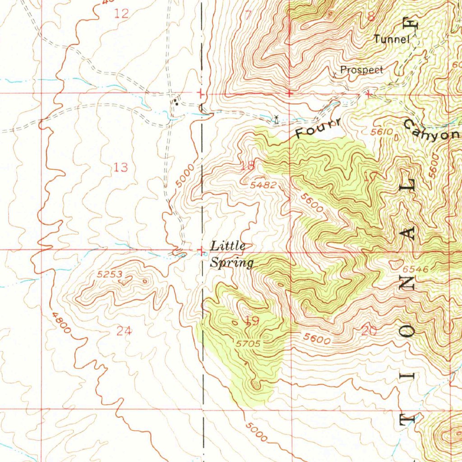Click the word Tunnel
(x=391, y=39)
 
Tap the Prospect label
(x=362, y=70)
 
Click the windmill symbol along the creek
(x=276, y=120)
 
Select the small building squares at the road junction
(x=176, y=102)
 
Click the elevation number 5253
(x=110, y=274)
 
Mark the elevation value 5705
(x=248, y=344)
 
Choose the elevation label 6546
(x=415, y=269)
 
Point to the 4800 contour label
(x=61, y=323)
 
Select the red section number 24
(x=124, y=331)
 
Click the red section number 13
(x=120, y=168)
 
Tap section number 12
(x=121, y=14)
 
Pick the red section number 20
(x=369, y=331)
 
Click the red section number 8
(x=371, y=17)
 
